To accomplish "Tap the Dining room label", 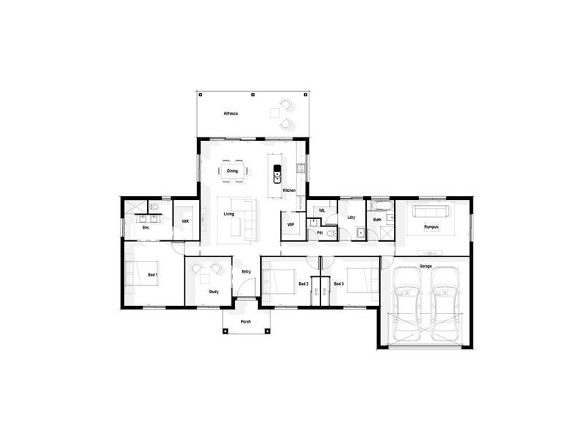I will (232, 171).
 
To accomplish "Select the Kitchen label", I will (289, 191).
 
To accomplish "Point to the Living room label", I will (229, 214).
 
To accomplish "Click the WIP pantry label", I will (290, 224).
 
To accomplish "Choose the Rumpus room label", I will (431, 227).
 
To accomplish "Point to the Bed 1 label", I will (153, 274).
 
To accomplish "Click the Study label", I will (213, 292).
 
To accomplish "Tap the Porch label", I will (245, 323).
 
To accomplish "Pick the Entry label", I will (247, 270).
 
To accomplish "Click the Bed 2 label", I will (303, 283).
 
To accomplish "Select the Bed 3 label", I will (338, 283).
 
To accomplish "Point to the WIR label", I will (185, 220).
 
